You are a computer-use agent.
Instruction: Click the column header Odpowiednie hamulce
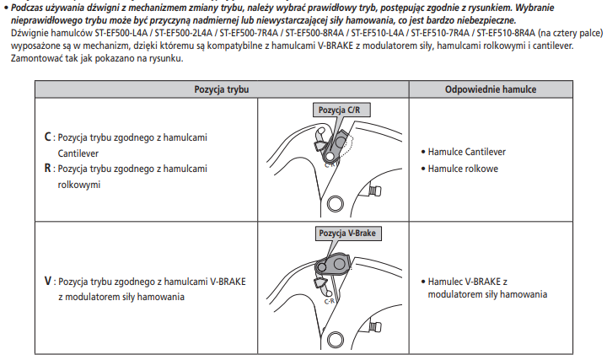click(x=502, y=89)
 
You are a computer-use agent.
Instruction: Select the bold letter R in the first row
click(x=47, y=168)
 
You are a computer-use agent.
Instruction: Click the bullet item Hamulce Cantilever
click(x=466, y=152)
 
